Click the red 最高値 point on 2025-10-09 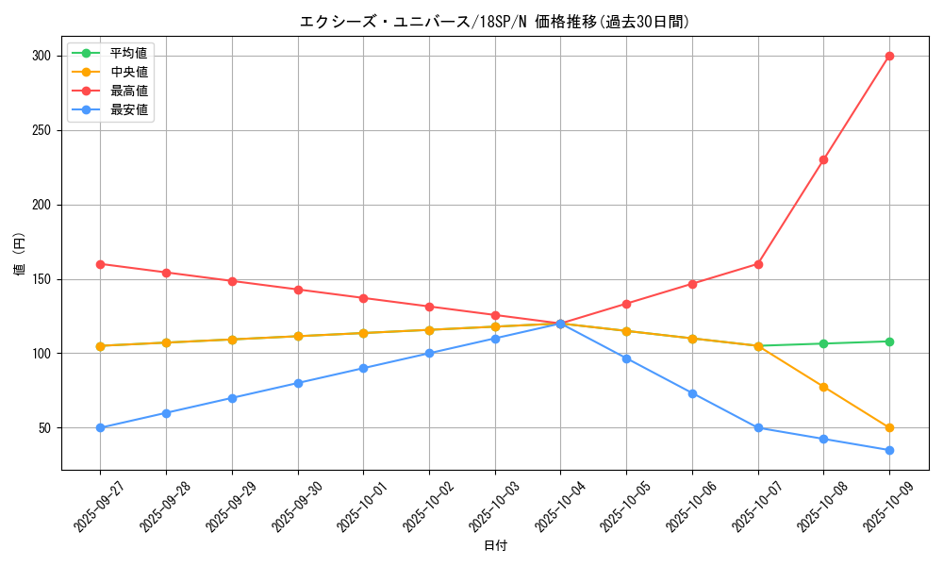(889, 56)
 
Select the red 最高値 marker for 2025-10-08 (823, 159)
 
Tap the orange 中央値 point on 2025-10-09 (889, 427)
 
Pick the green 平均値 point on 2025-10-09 (889, 341)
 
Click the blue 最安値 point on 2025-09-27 (100, 427)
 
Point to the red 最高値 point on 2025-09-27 (100, 264)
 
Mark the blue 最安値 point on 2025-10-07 (758, 427)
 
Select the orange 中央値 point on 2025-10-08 (823, 387)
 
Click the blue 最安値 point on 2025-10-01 (363, 368)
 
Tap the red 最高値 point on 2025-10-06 (692, 284)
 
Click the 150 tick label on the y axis (42, 279)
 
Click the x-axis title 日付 (495, 546)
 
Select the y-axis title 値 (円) (20, 255)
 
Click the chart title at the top (494, 22)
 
